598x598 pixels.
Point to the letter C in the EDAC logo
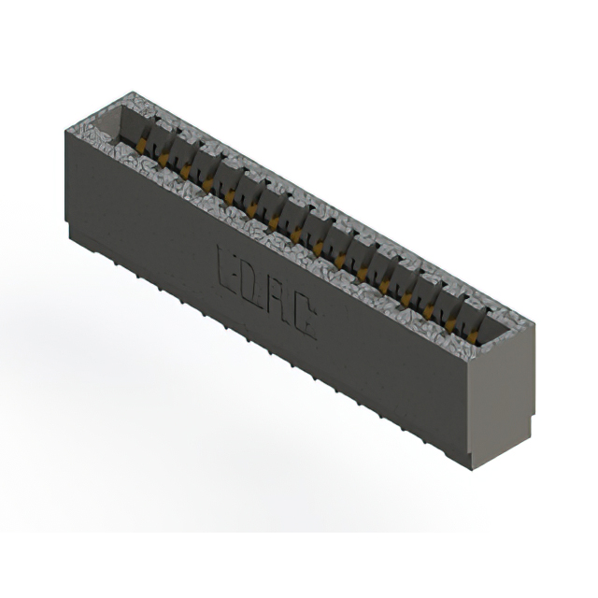pyautogui.click(x=304, y=323)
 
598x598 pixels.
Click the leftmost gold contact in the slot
pyautogui.click(x=142, y=145)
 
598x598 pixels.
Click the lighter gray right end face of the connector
pyautogui.click(x=500, y=392)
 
